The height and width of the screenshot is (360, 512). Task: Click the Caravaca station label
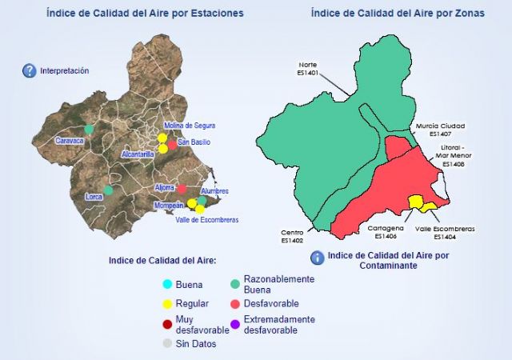click(69, 140)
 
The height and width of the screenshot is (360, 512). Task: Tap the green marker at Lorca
click(109, 190)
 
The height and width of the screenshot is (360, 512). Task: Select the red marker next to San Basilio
click(172, 144)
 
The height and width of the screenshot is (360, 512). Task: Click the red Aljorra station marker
click(182, 189)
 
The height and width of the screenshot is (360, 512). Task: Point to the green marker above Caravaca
click(89, 128)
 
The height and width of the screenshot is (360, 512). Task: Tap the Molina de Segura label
click(190, 126)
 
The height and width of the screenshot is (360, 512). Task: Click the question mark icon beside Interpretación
click(29, 70)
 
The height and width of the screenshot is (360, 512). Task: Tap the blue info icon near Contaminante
click(317, 258)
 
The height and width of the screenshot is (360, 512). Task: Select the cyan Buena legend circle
click(167, 285)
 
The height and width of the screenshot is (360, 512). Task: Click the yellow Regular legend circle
click(167, 304)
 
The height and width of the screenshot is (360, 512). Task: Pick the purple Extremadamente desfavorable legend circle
click(235, 324)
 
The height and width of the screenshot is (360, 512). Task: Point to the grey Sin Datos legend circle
click(167, 344)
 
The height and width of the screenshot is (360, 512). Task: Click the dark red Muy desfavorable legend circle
click(167, 324)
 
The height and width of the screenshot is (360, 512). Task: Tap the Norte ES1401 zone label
click(307, 68)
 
